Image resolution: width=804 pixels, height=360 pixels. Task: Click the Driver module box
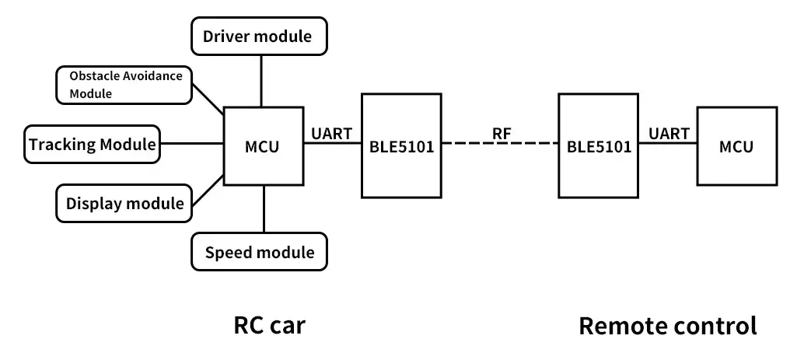coord(259,36)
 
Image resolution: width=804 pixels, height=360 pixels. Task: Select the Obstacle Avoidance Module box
coord(124,85)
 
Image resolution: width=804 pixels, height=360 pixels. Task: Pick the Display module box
coord(124,204)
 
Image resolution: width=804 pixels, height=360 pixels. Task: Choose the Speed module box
coord(259,252)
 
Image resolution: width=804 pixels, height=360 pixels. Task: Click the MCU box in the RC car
coord(262,145)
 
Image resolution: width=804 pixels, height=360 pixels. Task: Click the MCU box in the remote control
coord(736,146)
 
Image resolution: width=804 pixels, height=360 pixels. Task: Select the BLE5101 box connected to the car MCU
coord(401,145)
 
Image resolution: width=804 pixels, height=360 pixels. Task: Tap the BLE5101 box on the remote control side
coord(599,145)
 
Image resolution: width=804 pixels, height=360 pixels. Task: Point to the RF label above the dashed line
coord(502,133)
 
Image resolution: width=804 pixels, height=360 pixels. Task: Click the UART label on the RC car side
coord(331,133)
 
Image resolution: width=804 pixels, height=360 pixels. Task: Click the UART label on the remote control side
coord(669,133)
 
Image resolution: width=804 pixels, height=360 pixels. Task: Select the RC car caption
coord(269,325)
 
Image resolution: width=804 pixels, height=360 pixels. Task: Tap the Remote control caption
coord(667,325)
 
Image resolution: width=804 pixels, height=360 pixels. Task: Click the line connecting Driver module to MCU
coord(261,81)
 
